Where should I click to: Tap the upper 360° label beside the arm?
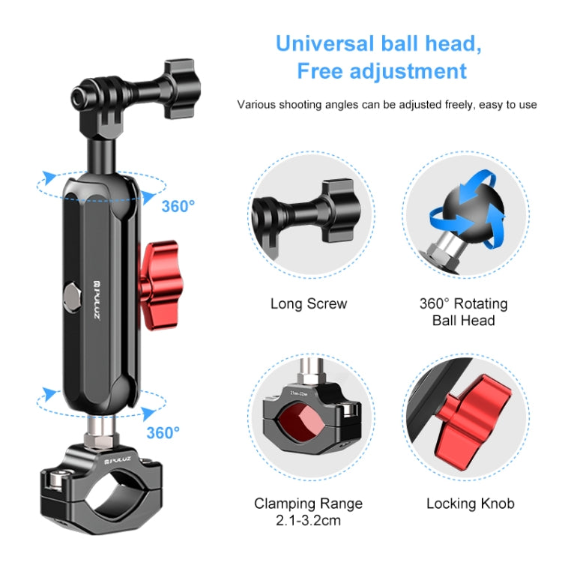pyautogui.click(x=178, y=205)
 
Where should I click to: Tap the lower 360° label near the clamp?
pyautogui.click(x=163, y=432)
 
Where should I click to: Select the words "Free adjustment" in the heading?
pyautogui.click(x=381, y=71)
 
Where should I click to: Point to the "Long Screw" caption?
pyautogui.click(x=309, y=303)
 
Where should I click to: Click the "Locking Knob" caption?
pyautogui.click(x=470, y=503)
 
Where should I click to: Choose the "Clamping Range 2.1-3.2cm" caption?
pyautogui.click(x=308, y=510)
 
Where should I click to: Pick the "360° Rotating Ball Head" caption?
pyautogui.click(x=463, y=312)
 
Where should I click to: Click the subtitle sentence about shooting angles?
pyautogui.click(x=387, y=105)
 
